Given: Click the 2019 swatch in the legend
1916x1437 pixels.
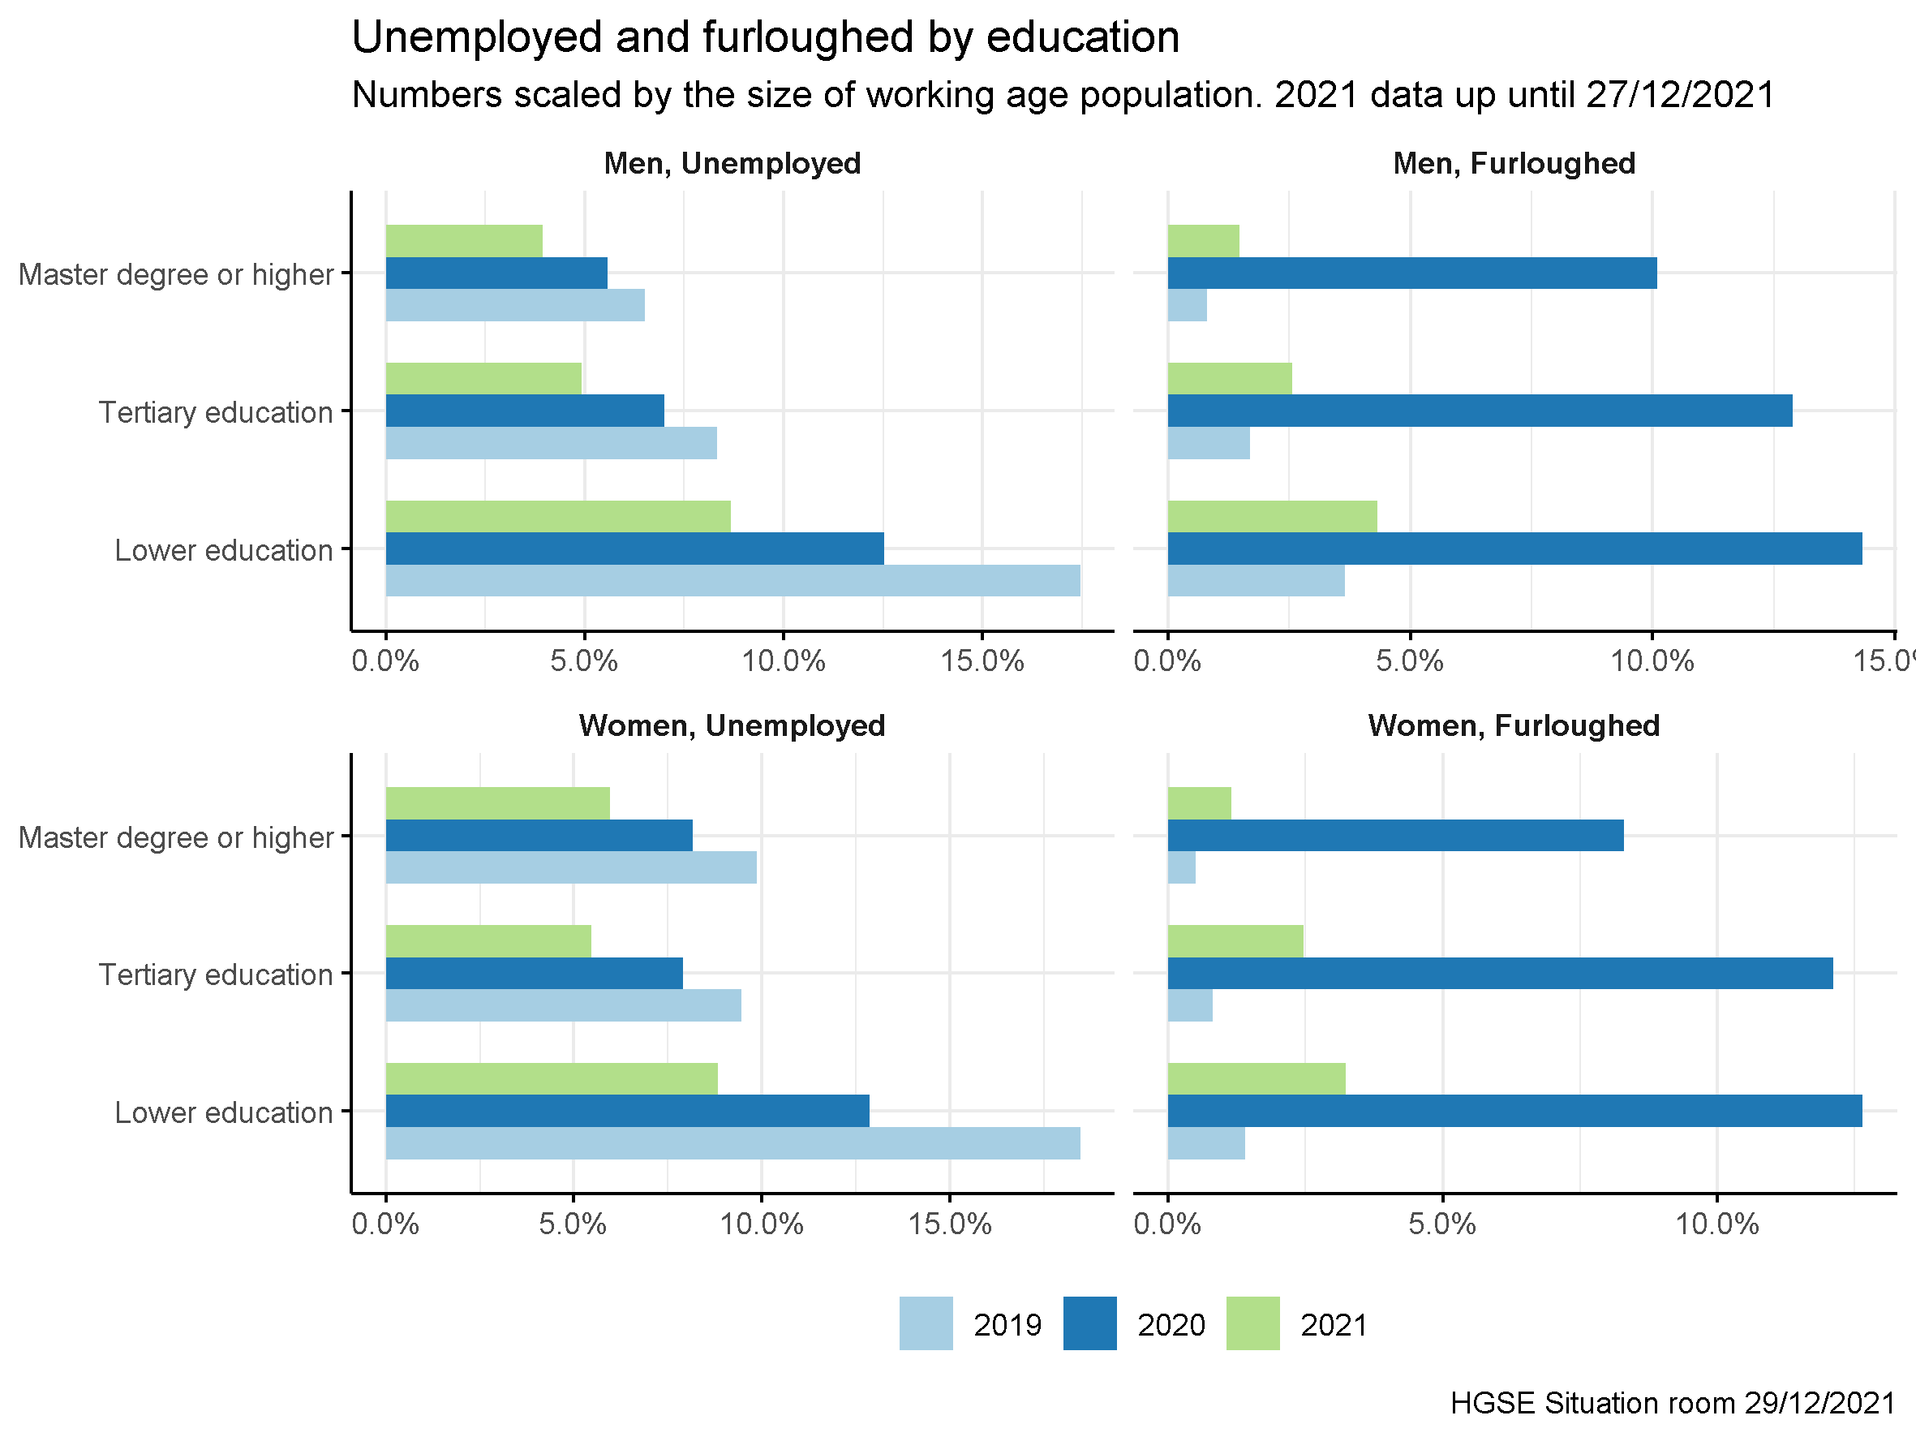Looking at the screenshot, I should point(925,1323).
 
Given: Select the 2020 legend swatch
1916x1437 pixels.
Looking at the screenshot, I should point(1089,1323).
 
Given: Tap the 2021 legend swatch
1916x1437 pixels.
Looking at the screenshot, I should point(1252,1323).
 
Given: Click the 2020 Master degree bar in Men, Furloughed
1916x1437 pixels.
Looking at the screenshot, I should point(1412,273).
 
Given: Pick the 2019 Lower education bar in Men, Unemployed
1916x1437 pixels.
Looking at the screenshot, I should point(732,580).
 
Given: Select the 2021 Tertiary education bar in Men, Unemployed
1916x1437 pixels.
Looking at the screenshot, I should point(483,379).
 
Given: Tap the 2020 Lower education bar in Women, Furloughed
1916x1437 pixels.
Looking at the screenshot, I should point(1514,1111).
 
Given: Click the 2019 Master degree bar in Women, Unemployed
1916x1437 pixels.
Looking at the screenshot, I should point(571,867).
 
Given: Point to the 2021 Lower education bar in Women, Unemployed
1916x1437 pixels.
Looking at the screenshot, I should point(551,1078).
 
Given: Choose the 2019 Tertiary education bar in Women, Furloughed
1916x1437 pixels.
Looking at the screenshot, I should point(1189,1005).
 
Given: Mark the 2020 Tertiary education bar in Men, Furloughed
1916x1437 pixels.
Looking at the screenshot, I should point(1480,411).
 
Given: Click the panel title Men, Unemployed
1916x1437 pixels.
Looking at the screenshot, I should point(732,164).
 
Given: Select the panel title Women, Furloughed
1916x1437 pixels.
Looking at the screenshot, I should point(1513,726).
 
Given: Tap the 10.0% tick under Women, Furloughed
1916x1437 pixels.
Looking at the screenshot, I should point(1716,1224).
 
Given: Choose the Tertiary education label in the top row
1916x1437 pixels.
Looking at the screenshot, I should point(215,412).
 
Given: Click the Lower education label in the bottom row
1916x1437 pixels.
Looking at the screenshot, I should point(223,1112).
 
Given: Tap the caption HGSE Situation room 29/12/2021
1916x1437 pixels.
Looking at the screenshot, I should point(1673,1402).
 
